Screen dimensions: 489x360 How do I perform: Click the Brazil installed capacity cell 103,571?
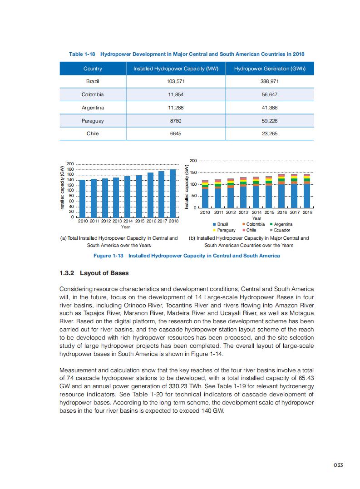[x=175, y=81]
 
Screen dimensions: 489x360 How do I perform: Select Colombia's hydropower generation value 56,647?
[x=270, y=94]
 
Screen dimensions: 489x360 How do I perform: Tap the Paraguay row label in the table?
[x=93, y=121]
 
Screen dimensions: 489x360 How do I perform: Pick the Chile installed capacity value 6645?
[x=175, y=134]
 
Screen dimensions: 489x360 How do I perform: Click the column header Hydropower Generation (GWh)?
[x=270, y=69]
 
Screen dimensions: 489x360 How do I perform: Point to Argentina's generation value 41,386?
[x=270, y=108]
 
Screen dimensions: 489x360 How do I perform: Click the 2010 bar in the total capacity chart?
[x=83, y=198]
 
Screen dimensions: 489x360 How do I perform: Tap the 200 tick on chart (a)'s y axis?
[x=70, y=164]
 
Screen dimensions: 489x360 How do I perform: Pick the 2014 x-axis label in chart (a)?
[x=128, y=221]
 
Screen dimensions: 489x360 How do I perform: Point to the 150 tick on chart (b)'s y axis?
[x=192, y=173]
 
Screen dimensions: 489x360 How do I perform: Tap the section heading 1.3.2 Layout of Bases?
[x=94, y=273]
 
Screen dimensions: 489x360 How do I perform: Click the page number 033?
[x=337, y=465]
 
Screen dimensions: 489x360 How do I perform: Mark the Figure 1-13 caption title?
[x=186, y=256]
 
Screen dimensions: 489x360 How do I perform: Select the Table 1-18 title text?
[x=186, y=54]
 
